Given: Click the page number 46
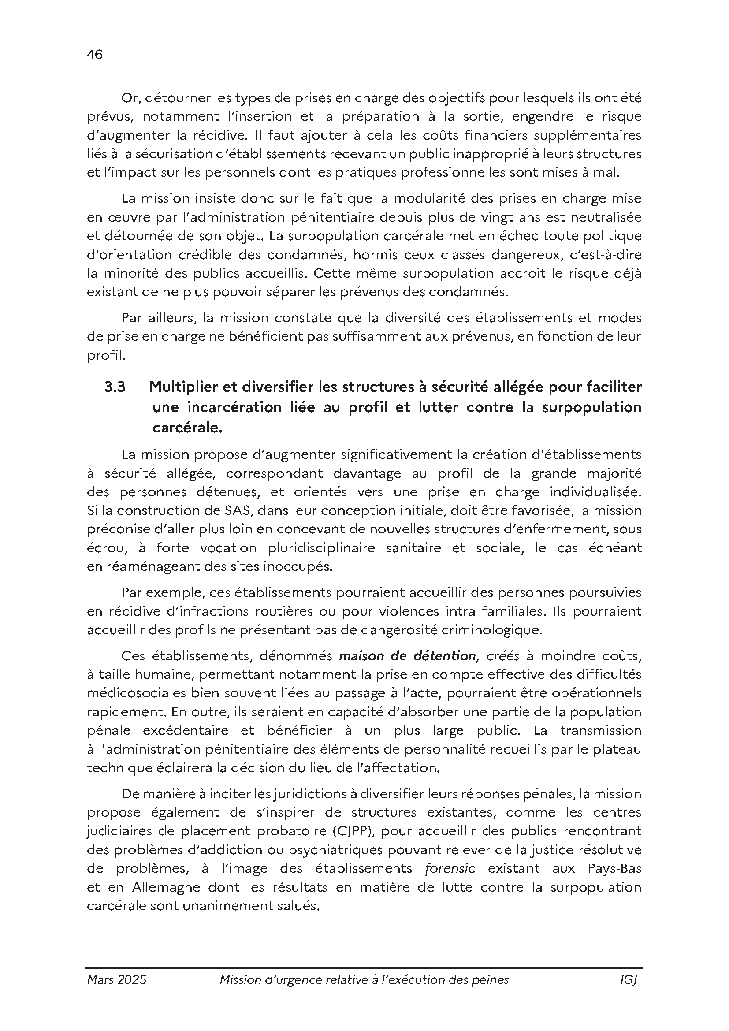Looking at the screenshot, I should [x=95, y=55].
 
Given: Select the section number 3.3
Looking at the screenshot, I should [x=115, y=387].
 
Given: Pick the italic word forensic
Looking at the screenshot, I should [x=450, y=868].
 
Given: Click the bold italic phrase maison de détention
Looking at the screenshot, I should [x=407, y=656].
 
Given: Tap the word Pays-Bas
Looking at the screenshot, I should [x=614, y=868].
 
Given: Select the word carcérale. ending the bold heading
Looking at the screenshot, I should [x=187, y=428].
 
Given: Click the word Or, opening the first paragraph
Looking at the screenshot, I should [x=130, y=98].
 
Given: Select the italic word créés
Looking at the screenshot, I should [x=503, y=656].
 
